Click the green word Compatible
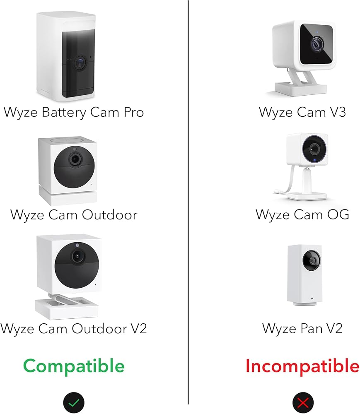74,366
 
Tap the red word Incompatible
302,366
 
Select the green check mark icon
74,402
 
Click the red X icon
303,402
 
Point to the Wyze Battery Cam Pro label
74,112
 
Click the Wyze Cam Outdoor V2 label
74,328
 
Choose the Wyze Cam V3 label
302,112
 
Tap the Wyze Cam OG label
302,214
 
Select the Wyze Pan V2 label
302,328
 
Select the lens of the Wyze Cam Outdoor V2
76,257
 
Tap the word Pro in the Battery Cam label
131,112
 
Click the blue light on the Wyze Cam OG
314,160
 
